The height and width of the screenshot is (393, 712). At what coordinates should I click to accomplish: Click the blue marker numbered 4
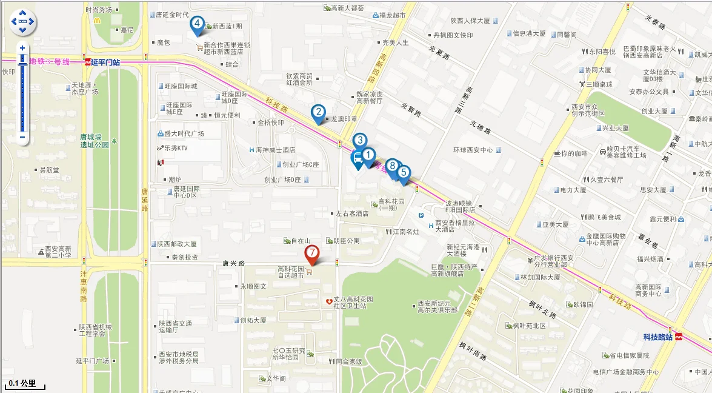(x=196, y=24)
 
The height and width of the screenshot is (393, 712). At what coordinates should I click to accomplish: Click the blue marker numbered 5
(x=404, y=172)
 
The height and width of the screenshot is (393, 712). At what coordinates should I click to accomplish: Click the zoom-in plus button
(x=22, y=48)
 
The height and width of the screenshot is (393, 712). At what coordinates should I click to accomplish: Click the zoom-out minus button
(x=22, y=137)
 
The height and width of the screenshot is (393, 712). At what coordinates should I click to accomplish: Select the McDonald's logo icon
(x=97, y=20)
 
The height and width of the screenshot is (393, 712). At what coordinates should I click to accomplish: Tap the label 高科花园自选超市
(x=290, y=272)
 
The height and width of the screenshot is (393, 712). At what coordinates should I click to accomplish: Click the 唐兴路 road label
(x=233, y=263)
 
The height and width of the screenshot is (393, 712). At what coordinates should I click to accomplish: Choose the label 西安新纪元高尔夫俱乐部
(x=437, y=307)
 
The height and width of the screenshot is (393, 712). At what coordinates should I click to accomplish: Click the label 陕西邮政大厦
(x=177, y=244)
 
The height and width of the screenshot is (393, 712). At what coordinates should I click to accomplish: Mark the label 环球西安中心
(x=473, y=150)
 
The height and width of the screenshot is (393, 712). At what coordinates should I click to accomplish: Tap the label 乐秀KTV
(x=177, y=148)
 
